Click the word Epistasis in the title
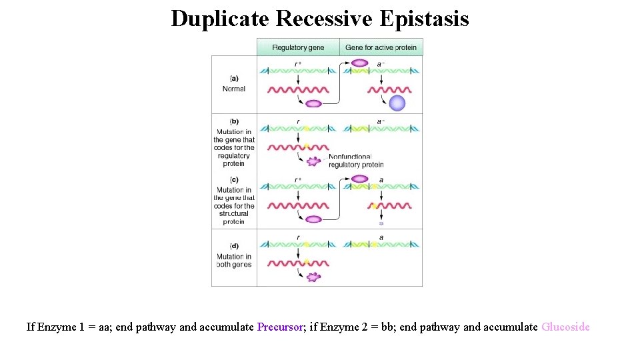click(425, 19)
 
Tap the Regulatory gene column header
click(298, 47)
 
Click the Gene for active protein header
click(381, 47)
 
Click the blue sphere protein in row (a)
click(397, 103)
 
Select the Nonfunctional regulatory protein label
click(355, 161)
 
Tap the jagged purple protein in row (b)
click(313, 161)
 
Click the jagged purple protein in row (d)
click(313, 277)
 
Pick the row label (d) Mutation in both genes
click(234, 257)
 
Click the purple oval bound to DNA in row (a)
click(359, 63)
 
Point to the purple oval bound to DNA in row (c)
click(359, 179)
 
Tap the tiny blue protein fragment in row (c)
click(381, 223)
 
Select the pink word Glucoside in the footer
click(565, 327)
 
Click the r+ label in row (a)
click(298, 63)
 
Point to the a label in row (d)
click(381, 237)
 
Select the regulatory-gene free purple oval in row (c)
click(313, 219)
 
